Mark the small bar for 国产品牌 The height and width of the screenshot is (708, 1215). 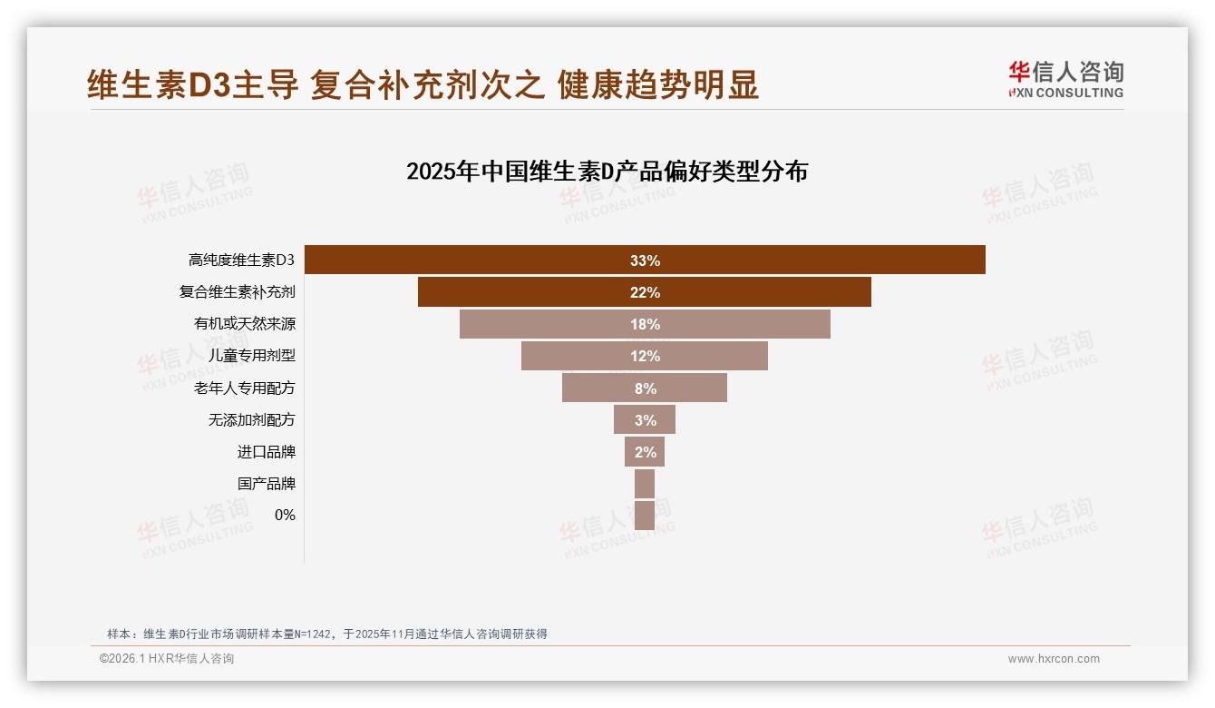645,484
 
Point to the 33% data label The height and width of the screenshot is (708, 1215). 645,261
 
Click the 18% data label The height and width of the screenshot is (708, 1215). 645,324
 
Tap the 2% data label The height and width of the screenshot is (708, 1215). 645,452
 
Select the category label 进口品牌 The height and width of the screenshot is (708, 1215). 266,452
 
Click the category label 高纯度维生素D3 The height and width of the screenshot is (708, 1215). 241,261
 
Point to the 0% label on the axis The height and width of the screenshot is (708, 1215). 285,515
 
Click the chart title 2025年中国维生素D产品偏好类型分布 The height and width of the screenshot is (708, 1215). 607,172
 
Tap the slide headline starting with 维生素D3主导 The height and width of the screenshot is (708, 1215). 423,84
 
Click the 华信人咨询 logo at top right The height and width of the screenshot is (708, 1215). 1065,79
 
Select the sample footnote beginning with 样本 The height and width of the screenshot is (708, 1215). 327,634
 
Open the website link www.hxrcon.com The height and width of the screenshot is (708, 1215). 1054,659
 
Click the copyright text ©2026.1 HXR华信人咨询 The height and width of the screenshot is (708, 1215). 167,659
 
